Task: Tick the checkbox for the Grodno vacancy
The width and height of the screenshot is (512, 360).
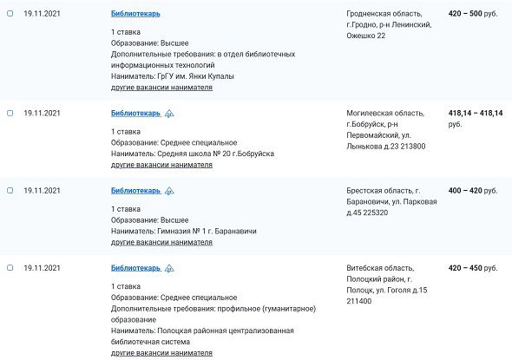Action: [x=10, y=14]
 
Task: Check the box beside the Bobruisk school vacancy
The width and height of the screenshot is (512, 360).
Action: [x=10, y=113]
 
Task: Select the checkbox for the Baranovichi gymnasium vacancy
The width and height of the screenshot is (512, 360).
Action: [x=10, y=190]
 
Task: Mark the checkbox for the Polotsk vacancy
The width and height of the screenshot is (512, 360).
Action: [x=10, y=268]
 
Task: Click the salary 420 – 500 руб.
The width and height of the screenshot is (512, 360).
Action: [x=474, y=14]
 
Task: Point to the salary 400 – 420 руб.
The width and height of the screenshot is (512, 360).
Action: [x=474, y=190]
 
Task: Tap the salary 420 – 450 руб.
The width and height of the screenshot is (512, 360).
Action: [x=474, y=268]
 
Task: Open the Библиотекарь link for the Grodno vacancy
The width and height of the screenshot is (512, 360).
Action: [x=135, y=14]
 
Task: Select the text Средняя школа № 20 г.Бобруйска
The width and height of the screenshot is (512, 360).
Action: [x=216, y=154]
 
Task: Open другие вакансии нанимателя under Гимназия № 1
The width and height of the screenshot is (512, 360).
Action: [x=161, y=242]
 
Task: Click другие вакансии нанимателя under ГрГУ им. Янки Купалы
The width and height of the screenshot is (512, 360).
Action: [x=161, y=88]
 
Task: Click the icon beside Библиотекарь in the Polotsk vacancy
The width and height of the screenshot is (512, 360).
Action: [x=170, y=268]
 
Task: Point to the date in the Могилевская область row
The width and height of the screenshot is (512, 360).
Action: [x=42, y=113]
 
